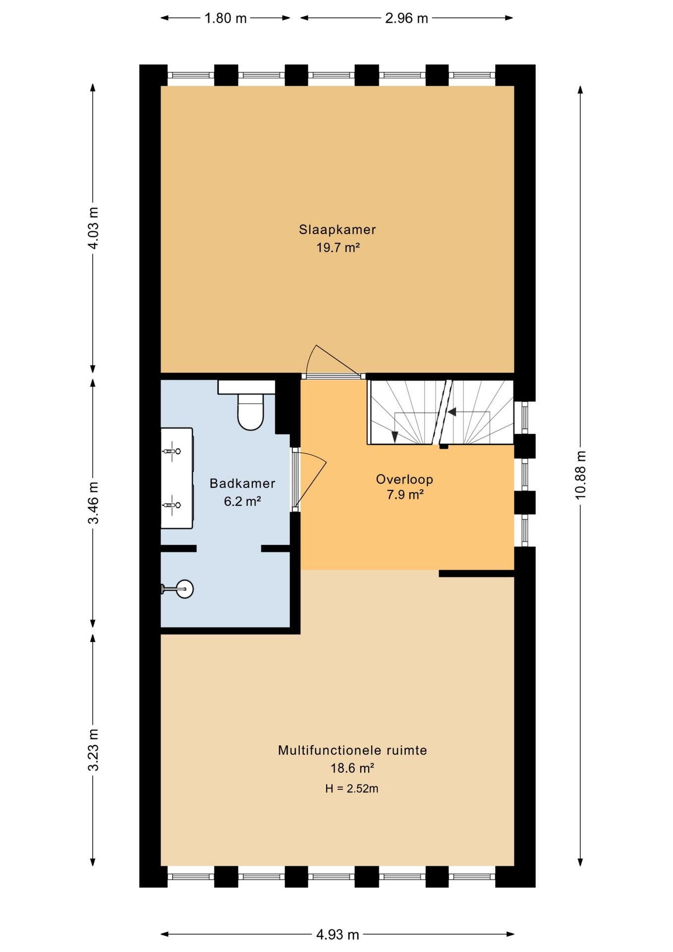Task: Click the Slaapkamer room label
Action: pyautogui.click(x=337, y=230)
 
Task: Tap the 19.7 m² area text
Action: pyautogui.click(x=338, y=247)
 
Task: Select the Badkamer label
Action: pyautogui.click(x=242, y=483)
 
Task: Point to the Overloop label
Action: pyautogui.click(x=404, y=479)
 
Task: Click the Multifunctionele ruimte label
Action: pyautogui.click(x=352, y=750)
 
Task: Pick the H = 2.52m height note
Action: pyautogui.click(x=352, y=788)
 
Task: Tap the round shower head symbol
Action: pyautogui.click(x=184, y=589)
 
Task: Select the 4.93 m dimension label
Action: pyautogui.click(x=337, y=935)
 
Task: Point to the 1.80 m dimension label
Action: pyautogui.click(x=225, y=18)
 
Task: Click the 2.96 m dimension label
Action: pyautogui.click(x=406, y=18)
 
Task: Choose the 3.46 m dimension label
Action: pyautogui.click(x=93, y=502)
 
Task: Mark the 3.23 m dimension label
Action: pyautogui.click(x=93, y=750)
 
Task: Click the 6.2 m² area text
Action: pyautogui.click(x=242, y=501)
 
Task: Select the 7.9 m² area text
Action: pyautogui.click(x=405, y=494)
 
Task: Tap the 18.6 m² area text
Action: pyautogui.click(x=352, y=768)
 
